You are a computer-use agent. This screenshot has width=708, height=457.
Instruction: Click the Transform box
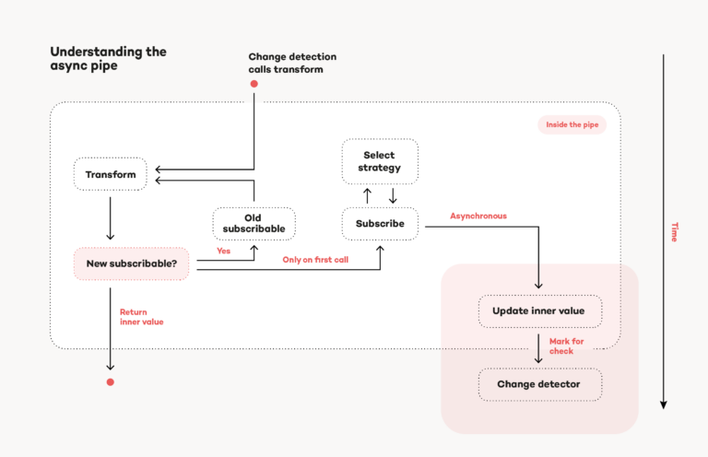[x=111, y=174]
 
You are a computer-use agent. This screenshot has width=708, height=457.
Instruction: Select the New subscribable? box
[x=131, y=264]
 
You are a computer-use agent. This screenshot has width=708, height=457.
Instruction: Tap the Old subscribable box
[x=254, y=223]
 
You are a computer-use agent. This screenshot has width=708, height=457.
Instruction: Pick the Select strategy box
[x=380, y=161]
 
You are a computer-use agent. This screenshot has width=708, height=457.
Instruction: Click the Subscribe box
[x=380, y=223]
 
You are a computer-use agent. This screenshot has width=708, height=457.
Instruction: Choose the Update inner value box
[x=539, y=311]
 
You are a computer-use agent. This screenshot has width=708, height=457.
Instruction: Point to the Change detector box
[x=539, y=384]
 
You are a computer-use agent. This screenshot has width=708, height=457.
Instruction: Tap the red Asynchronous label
[x=478, y=216]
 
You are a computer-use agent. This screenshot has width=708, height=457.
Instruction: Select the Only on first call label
[x=315, y=260]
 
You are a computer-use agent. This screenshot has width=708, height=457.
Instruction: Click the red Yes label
[x=223, y=251]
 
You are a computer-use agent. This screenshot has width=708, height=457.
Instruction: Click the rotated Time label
[x=674, y=232]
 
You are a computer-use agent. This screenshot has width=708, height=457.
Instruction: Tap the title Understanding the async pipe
[x=108, y=59]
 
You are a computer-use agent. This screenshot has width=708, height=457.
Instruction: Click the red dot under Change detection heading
[x=254, y=84]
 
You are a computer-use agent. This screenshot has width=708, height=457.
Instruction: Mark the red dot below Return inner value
[x=110, y=381]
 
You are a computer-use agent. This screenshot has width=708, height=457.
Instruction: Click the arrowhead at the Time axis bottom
[x=663, y=404]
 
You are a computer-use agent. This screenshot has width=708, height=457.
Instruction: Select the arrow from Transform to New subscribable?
[x=110, y=217]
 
